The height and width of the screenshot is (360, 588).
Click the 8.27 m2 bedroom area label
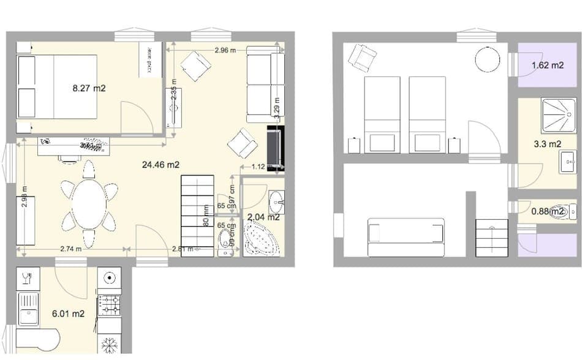(89, 88)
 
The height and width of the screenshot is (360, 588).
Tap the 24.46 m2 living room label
(160, 164)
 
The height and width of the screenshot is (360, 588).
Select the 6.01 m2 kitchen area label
(68, 314)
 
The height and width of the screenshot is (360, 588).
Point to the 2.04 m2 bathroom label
(263, 216)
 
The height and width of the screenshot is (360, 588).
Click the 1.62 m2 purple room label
(548, 65)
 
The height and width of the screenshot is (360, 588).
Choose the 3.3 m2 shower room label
(548, 144)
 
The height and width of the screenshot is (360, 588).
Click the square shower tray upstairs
(559, 116)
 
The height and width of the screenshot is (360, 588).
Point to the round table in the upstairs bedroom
(488, 61)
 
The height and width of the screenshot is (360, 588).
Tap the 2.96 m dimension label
(225, 50)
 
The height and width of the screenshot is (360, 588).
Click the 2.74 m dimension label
(72, 249)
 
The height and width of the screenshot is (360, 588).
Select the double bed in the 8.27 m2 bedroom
(58, 86)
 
